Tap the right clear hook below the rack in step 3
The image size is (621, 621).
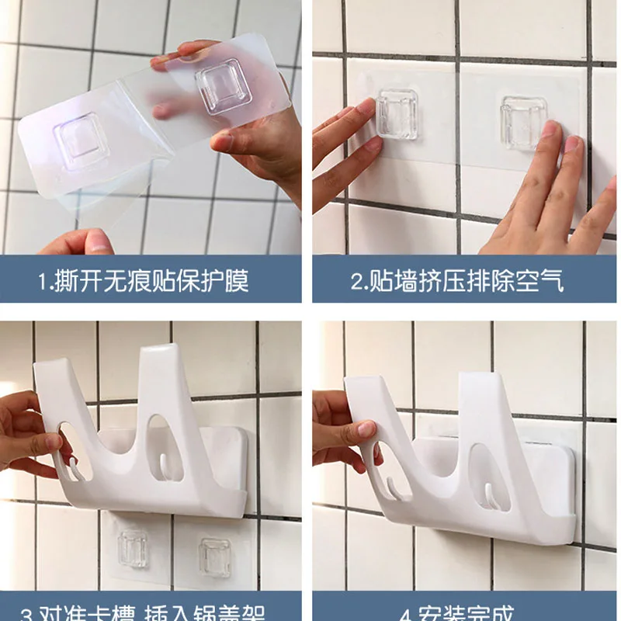(213, 556)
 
